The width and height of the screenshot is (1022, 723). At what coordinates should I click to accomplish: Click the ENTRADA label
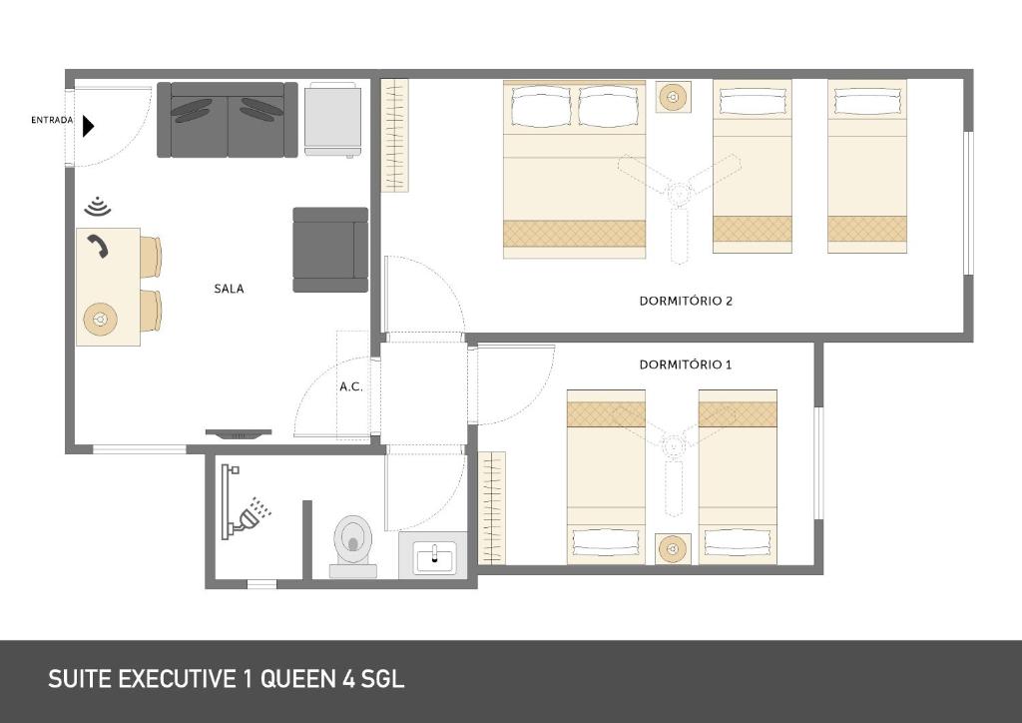tap(52, 121)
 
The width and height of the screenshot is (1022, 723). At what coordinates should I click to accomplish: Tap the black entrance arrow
tap(88, 126)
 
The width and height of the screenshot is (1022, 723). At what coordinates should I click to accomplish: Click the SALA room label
tap(229, 289)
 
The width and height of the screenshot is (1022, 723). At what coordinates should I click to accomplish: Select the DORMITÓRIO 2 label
tap(686, 301)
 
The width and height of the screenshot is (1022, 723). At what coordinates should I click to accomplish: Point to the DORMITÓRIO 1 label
tap(686, 364)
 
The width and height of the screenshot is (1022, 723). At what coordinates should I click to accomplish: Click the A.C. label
tap(350, 386)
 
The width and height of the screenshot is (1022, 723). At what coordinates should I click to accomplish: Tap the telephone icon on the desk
tap(97, 246)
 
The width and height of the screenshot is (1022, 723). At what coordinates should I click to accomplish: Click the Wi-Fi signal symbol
tap(97, 207)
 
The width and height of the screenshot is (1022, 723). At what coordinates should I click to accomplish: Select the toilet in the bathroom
tap(351, 542)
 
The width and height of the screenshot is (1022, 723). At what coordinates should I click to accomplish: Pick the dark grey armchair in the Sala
tap(329, 250)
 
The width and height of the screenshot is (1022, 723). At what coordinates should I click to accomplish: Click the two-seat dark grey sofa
tap(228, 120)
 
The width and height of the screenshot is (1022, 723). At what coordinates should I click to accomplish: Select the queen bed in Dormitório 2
tap(574, 169)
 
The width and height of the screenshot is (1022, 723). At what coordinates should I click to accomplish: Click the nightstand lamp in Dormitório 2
tap(674, 98)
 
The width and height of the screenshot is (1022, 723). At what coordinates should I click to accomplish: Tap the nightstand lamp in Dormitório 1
tap(674, 549)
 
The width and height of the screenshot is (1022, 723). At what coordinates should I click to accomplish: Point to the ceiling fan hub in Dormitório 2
tap(680, 194)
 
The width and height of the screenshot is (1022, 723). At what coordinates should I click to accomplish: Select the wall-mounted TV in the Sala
tap(238, 433)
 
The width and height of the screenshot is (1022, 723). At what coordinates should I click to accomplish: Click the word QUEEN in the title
tap(297, 679)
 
